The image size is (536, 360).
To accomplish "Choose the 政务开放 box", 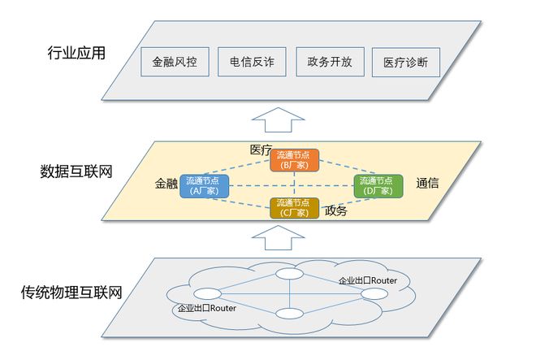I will (329, 62).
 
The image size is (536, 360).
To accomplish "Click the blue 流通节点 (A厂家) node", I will (205, 186).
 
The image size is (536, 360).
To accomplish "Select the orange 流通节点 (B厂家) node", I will (293, 159).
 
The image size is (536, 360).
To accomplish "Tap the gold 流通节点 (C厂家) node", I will (294, 208).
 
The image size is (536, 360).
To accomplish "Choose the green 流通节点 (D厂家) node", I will (378, 186).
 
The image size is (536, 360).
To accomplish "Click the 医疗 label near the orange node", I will (261, 150).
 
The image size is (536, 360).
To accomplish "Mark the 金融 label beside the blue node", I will (166, 184).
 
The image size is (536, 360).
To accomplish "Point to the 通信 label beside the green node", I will (427, 184).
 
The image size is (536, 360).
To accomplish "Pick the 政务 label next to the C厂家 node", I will (335, 210).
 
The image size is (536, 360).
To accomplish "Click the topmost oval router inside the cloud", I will (287, 274).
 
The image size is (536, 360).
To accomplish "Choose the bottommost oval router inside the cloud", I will (287, 314).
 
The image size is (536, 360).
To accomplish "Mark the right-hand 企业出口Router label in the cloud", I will (368, 280).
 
